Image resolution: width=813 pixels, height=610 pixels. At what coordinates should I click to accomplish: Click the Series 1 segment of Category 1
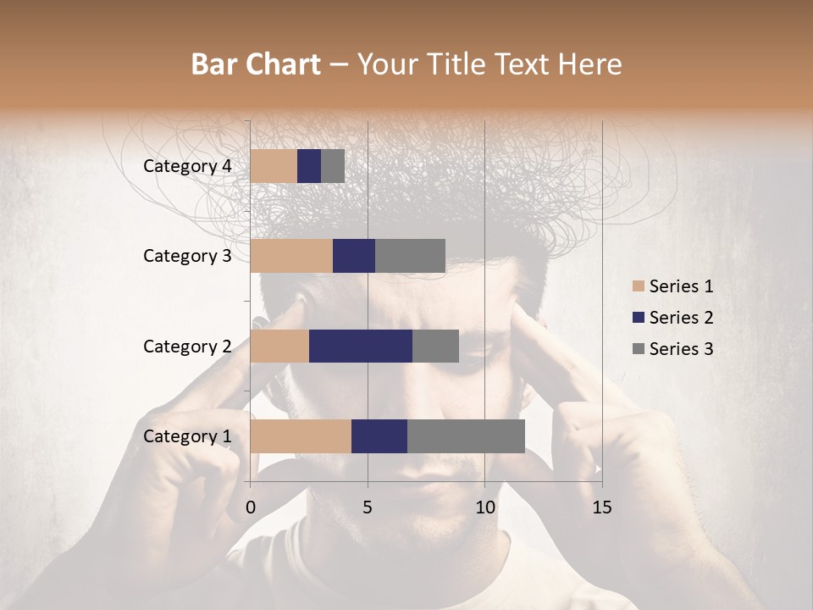coord(301,436)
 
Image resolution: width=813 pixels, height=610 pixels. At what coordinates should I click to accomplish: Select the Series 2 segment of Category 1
coord(379,436)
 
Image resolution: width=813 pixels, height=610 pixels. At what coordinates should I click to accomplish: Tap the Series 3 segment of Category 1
coord(466,436)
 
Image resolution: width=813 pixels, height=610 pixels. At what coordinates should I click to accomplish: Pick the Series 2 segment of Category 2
coord(361,346)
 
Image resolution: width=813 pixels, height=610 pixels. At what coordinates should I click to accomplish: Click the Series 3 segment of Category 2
coord(435,346)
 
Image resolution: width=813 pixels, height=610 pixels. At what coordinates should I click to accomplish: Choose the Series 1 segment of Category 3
coord(291,256)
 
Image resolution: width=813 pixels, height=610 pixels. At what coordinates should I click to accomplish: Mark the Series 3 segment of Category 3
coord(410,256)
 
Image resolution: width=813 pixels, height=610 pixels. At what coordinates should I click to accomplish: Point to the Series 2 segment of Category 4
coord(309,166)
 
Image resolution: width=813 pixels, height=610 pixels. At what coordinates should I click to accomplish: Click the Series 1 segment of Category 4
coord(274,166)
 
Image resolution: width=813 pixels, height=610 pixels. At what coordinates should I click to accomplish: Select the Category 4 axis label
coord(187,166)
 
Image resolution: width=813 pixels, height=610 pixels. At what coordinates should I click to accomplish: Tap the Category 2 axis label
coord(187,346)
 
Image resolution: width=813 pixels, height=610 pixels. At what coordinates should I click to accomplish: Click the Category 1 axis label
coord(187,436)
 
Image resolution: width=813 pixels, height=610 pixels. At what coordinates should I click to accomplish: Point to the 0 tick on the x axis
coord(251,507)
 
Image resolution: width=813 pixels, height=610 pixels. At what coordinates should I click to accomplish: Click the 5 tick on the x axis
coord(368,507)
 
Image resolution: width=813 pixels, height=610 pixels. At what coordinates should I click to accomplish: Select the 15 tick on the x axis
coord(602,507)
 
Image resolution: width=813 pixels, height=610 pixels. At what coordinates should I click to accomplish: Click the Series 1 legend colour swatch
coord(638,286)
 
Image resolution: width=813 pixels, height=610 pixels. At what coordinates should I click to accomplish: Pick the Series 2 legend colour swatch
coord(638,318)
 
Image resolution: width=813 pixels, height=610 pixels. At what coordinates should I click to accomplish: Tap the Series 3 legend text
coord(681,349)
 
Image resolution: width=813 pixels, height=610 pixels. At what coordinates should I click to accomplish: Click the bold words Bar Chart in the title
coord(256,64)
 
